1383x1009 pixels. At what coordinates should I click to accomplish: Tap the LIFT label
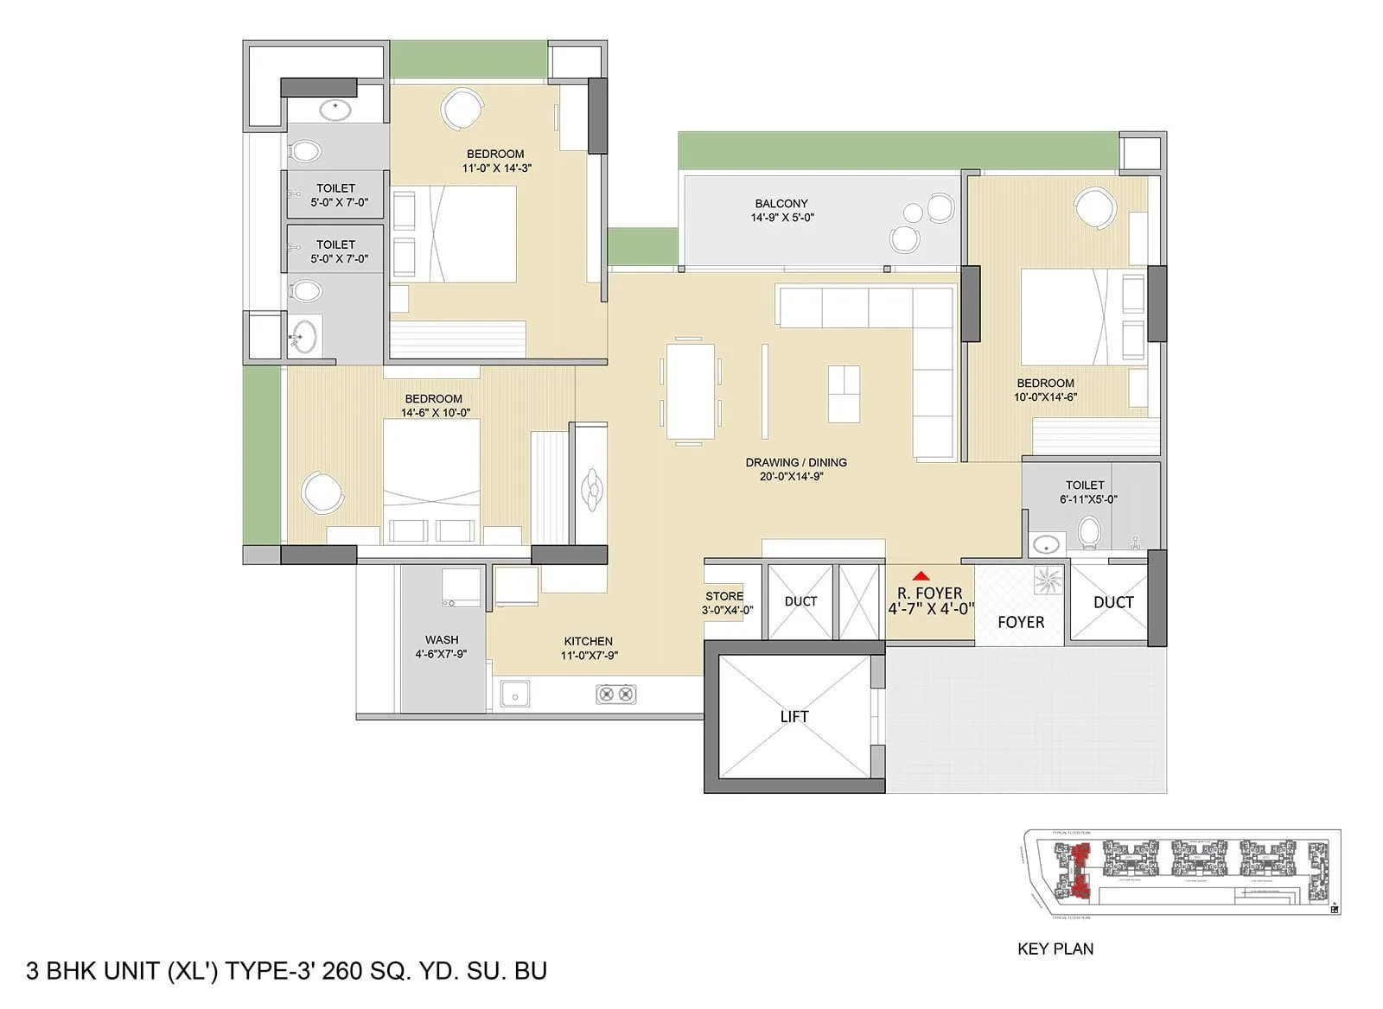(x=793, y=716)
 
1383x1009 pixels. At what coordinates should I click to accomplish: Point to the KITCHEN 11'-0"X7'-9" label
(x=589, y=648)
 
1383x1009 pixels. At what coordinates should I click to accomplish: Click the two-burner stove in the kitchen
(x=615, y=693)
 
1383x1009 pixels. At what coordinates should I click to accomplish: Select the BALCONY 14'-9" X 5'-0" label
(x=781, y=210)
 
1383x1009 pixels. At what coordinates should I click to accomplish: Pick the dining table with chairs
(x=691, y=390)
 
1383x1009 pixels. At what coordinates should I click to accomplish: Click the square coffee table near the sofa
(x=844, y=394)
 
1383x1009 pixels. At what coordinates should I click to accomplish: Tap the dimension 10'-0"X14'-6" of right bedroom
(x=1045, y=397)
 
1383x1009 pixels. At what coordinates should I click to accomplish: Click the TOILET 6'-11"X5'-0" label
(x=1085, y=492)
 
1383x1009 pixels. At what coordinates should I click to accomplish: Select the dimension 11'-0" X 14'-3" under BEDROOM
(x=496, y=168)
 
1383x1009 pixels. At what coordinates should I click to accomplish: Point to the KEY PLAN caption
(x=1055, y=949)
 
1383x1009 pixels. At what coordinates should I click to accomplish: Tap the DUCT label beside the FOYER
(x=1112, y=602)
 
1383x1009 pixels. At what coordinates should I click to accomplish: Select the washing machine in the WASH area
(x=462, y=587)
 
